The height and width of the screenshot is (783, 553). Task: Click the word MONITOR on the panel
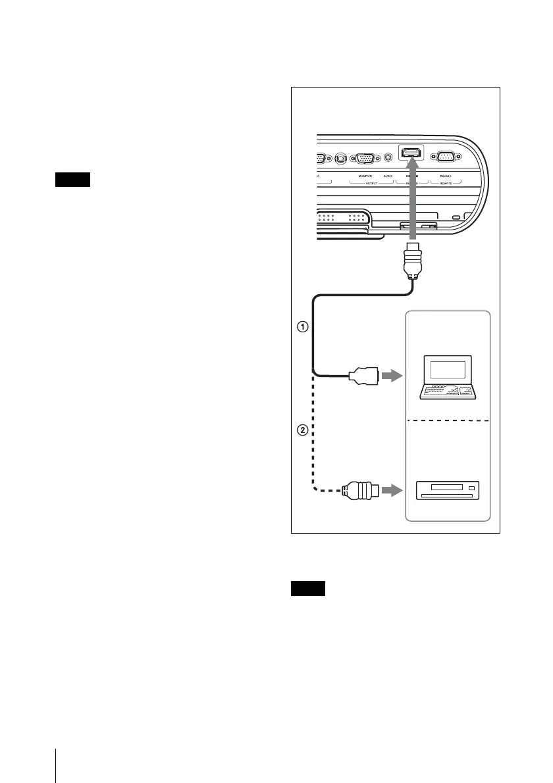tap(364, 177)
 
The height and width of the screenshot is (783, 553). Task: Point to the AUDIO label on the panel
tap(388, 177)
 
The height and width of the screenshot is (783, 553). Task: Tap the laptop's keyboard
tap(449, 391)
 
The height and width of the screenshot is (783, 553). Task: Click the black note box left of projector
tap(72, 180)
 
